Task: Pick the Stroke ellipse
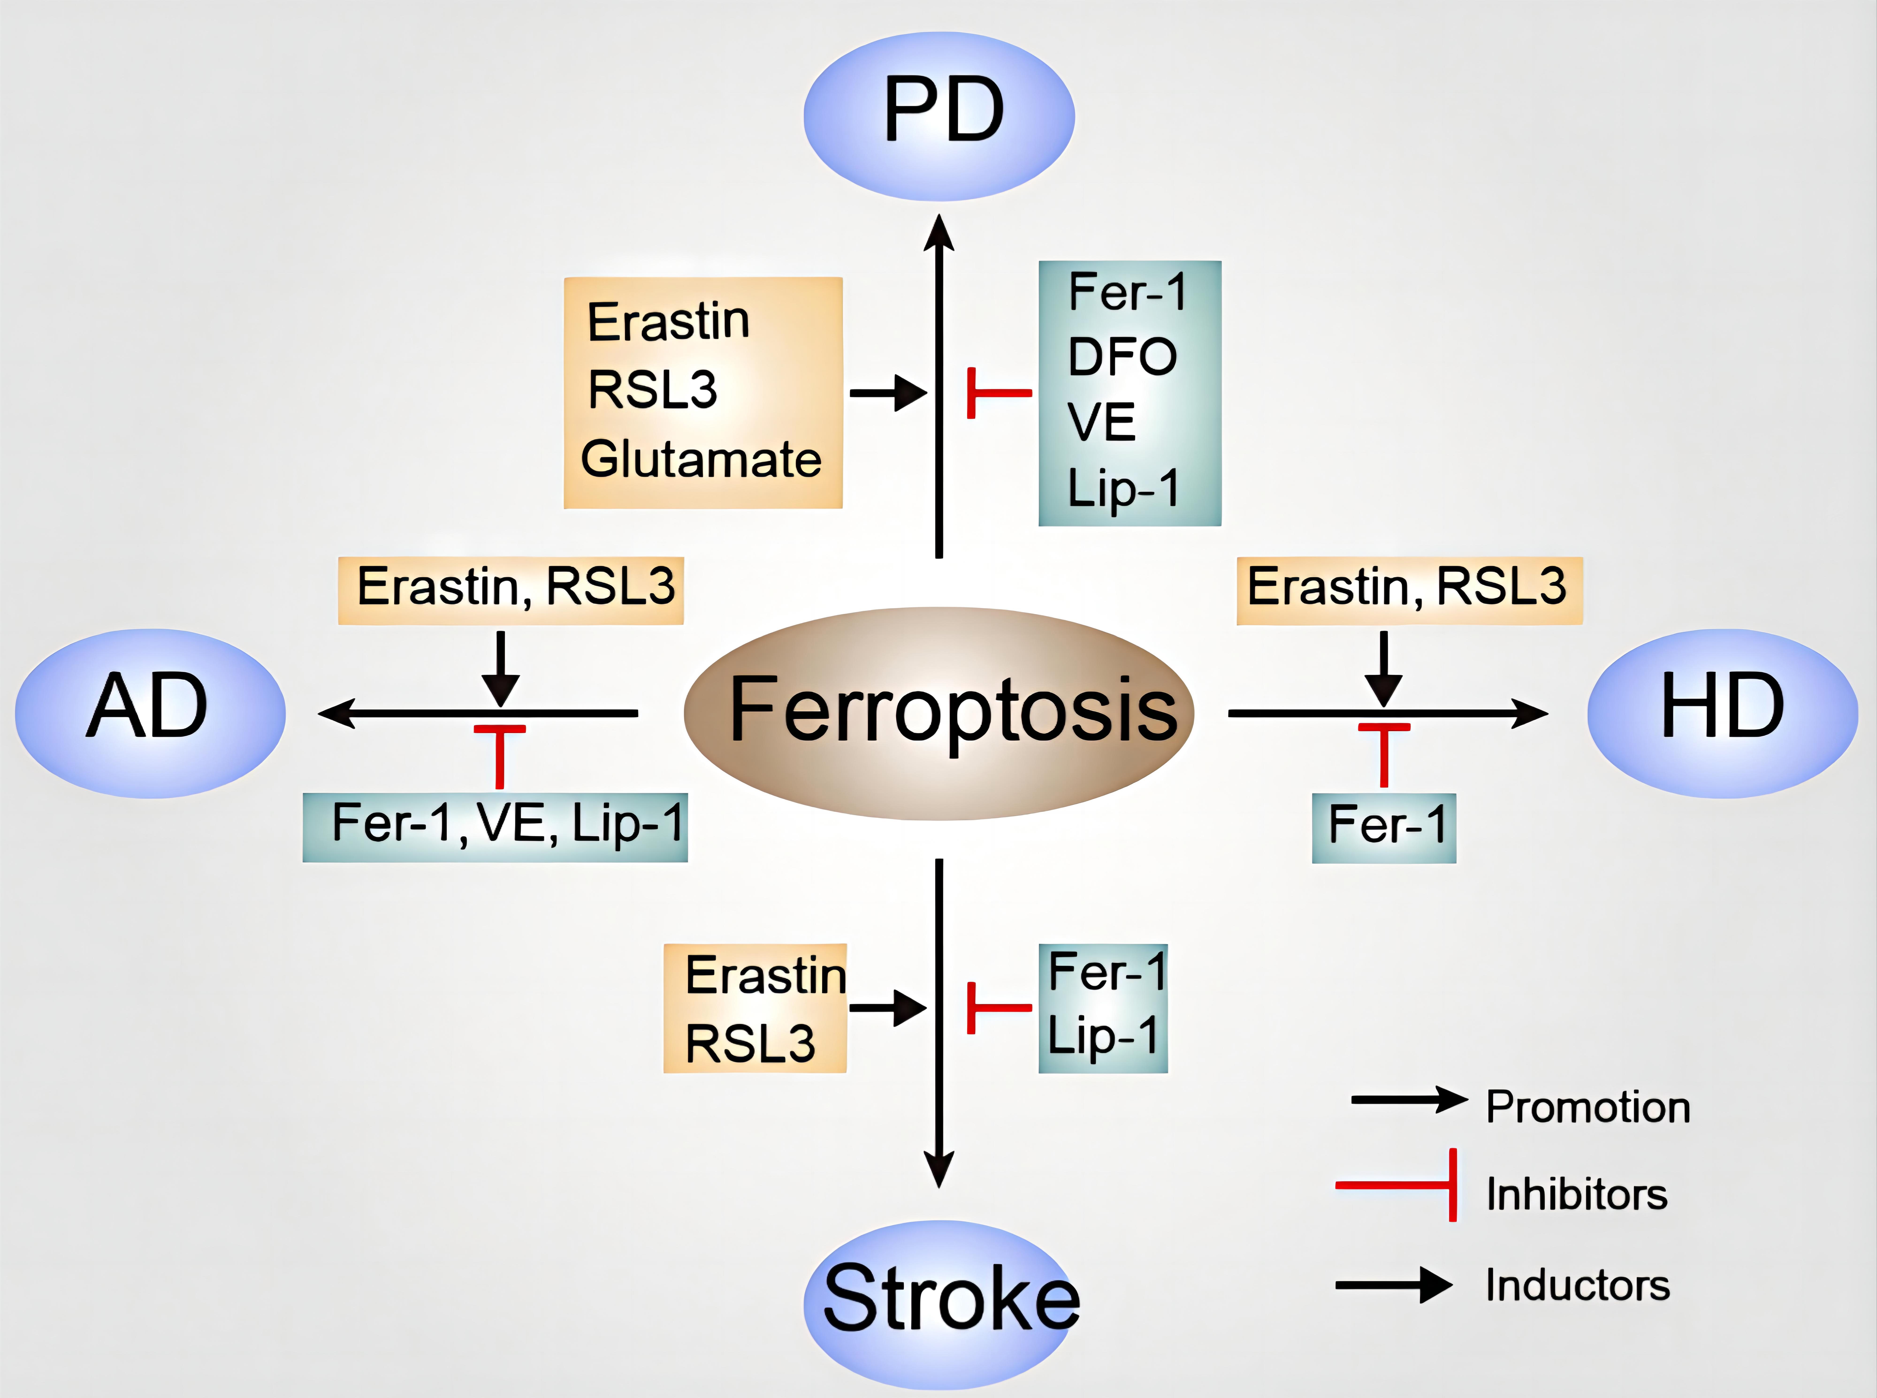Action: coord(941,1303)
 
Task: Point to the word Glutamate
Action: coord(701,460)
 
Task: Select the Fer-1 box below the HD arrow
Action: coord(1384,827)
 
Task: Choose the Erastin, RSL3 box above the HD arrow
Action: coord(1409,590)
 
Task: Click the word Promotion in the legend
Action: coord(1587,1107)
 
